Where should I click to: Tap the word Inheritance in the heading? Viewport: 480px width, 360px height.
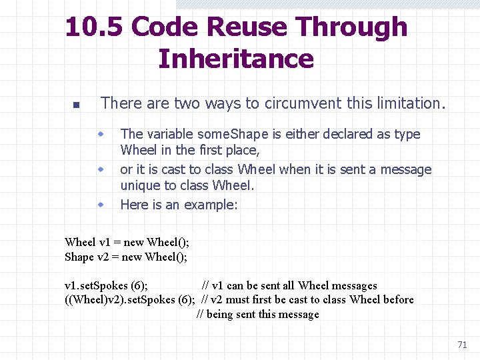(236, 59)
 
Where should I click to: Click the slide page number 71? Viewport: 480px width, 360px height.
(462, 345)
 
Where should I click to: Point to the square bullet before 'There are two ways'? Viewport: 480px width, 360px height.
(75, 105)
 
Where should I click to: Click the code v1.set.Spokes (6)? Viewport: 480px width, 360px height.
(106, 286)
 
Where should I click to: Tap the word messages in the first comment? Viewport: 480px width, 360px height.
(355, 286)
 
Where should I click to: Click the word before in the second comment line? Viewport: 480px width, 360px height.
(399, 300)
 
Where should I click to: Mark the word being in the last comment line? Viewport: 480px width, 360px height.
(221, 315)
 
